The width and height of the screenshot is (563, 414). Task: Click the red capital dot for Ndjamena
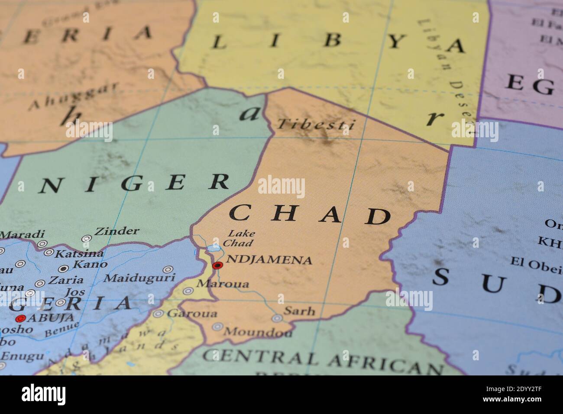coord(217,265)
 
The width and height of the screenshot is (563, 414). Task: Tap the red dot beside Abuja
coord(19,319)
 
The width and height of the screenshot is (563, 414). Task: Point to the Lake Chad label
coord(241,238)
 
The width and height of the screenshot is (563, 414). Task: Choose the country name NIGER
coord(134,184)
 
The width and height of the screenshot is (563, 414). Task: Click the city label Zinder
coord(117,231)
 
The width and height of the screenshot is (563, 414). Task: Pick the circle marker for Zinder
coord(87,239)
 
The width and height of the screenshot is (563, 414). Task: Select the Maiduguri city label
coord(140,277)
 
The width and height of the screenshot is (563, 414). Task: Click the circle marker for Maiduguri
coord(168,269)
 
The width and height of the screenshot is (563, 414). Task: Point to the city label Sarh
coord(299,311)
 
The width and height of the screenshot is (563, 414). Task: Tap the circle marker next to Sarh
coord(277,318)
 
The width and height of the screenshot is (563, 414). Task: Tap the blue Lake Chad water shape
coord(214,248)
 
